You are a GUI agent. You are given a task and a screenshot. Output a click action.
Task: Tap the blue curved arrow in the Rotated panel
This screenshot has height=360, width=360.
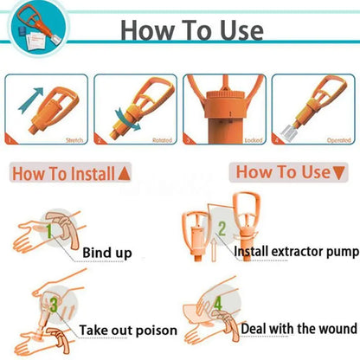[x=132, y=121]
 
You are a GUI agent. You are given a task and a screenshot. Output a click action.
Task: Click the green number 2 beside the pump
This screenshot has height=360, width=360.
[x=222, y=228]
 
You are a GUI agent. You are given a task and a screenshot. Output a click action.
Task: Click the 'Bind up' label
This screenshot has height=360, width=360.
[x=107, y=253]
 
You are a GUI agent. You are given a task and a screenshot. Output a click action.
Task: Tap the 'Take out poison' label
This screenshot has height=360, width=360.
[x=128, y=330]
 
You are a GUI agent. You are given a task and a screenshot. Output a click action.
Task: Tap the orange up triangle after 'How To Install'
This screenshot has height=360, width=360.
[x=124, y=174]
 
